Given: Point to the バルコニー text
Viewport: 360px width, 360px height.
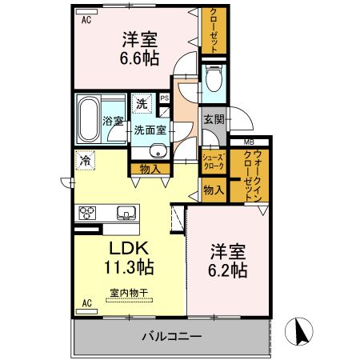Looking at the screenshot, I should point(172,337).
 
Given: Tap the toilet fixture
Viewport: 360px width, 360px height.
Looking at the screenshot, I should point(214,78).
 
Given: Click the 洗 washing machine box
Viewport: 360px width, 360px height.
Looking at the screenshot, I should point(141,102).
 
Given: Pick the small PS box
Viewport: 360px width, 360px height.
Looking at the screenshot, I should point(164,98).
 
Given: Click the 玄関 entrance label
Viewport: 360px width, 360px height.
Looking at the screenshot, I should point(214,121).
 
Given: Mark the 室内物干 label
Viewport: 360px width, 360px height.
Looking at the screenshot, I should point(128,293).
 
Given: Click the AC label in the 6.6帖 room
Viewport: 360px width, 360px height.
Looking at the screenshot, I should point(86,22).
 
